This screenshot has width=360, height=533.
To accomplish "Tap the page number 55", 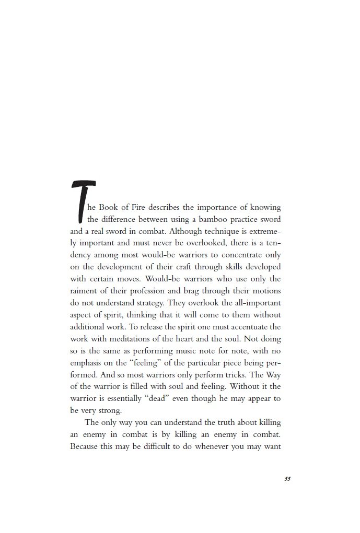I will coord(287,479).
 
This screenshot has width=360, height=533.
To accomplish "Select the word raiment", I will coord(83,291).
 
